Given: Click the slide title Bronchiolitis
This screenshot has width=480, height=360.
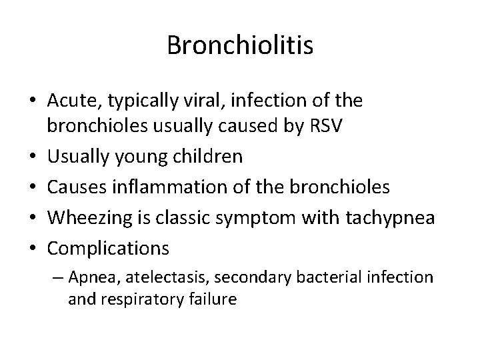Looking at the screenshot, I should coord(240,45).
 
